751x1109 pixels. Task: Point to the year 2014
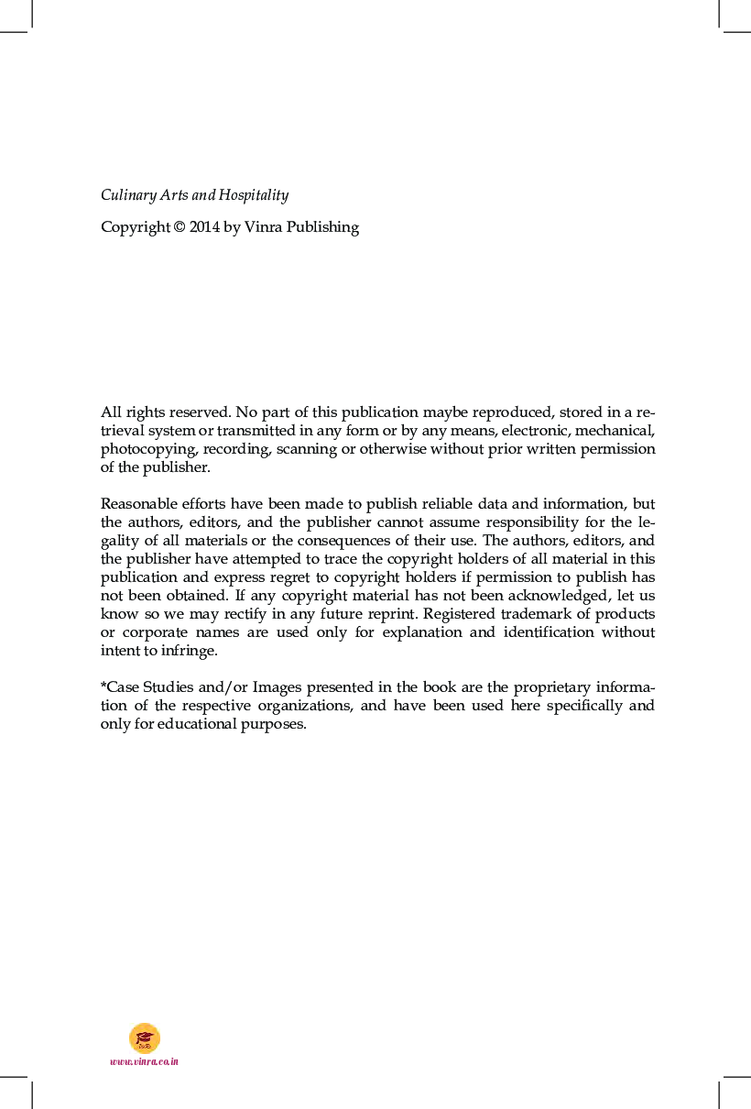[x=204, y=227]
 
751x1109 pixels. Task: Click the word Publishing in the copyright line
[x=322, y=227]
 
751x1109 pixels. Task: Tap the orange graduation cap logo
[x=145, y=1038]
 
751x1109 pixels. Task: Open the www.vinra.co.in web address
[x=144, y=1061]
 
